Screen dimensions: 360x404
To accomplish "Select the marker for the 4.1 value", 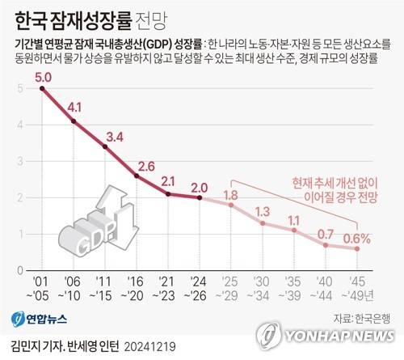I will (x=74, y=121).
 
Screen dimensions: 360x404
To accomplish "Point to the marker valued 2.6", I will (x=137, y=176).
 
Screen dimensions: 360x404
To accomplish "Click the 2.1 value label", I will (x=168, y=180).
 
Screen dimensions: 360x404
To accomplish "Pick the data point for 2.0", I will (x=199, y=197).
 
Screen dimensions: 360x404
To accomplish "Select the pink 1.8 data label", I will (x=230, y=195).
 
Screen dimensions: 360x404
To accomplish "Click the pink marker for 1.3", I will (x=263, y=222).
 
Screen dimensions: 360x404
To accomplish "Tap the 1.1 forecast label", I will (x=294, y=219).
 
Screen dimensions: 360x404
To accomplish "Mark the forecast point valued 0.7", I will (x=326, y=244).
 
